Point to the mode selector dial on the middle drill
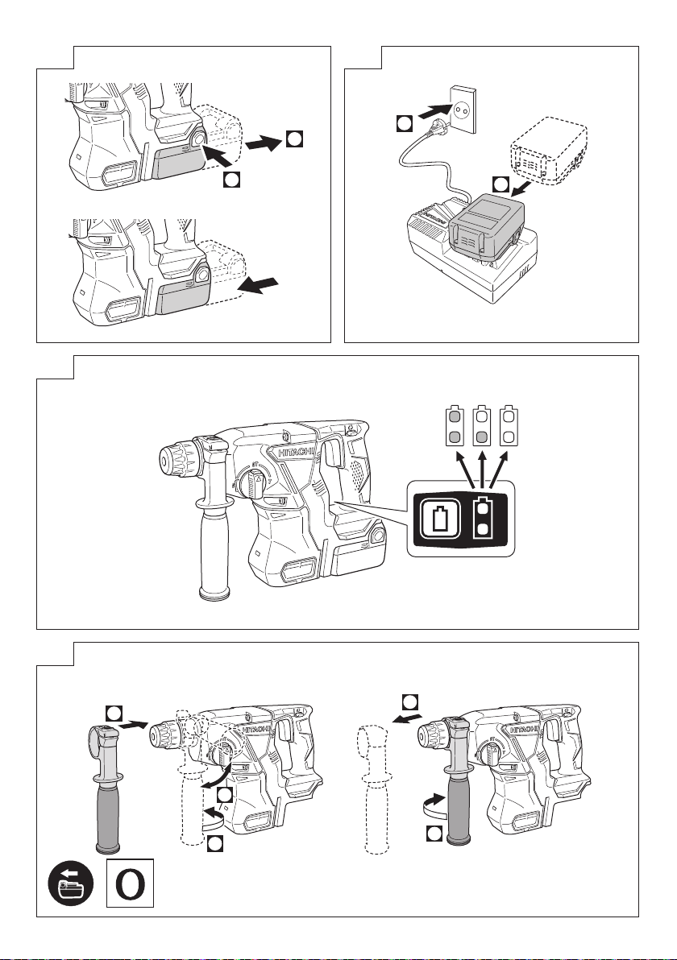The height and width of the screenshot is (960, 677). click(249, 483)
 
